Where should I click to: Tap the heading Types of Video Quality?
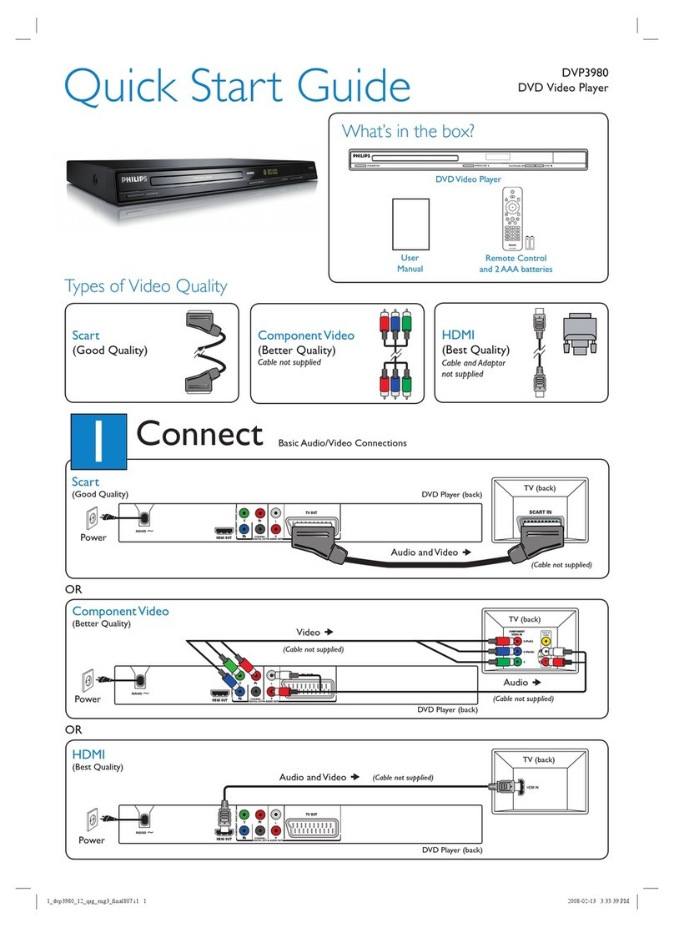coord(146,286)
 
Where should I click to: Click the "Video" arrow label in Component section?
coord(314,632)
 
